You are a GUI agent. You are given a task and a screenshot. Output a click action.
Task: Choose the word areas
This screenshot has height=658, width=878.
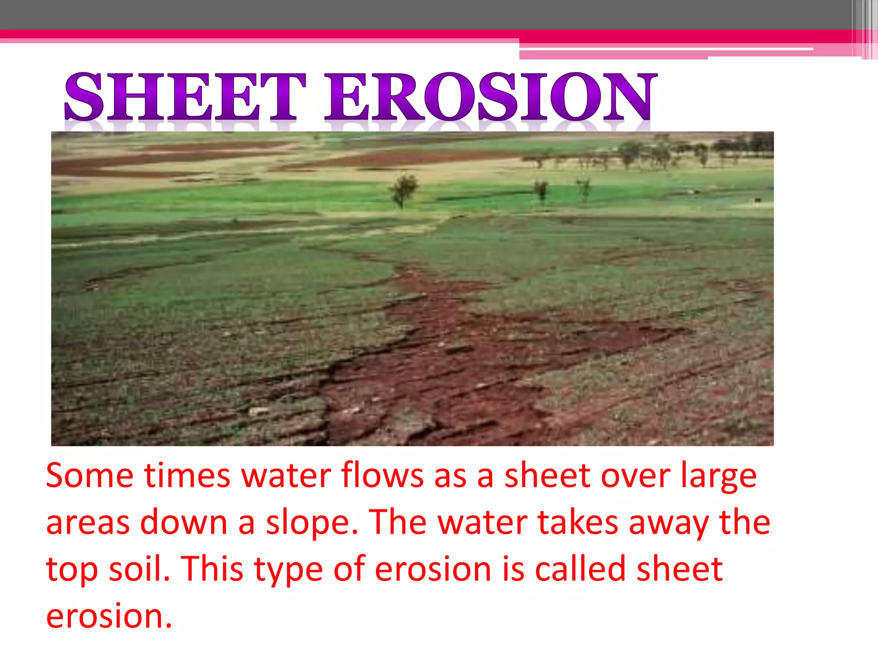pyautogui.click(x=87, y=523)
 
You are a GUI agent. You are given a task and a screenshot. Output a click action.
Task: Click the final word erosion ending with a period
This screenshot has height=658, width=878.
pyautogui.click(x=109, y=617)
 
